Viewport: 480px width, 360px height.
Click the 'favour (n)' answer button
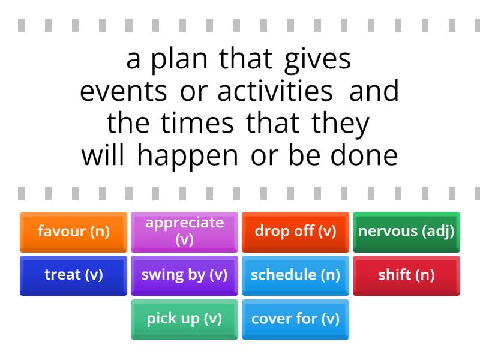[x=73, y=232]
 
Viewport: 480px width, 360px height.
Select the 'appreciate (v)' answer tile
[x=184, y=232]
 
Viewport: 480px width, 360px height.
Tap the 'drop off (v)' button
[x=295, y=232]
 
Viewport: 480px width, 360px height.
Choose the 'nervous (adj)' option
[x=406, y=232]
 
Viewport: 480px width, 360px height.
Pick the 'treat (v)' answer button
[x=73, y=275]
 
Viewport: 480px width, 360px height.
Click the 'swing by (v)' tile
[x=184, y=275]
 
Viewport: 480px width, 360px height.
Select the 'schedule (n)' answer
[x=295, y=275]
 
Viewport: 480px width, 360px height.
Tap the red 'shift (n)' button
[x=406, y=275]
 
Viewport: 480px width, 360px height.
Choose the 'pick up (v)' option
[x=184, y=319]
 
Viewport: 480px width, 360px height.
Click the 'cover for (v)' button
[x=295, y=319]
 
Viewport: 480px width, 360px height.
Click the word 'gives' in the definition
[x=317, y=61]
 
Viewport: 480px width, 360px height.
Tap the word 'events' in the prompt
[x=123, y=92]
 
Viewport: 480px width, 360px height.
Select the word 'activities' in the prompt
[x=275, y=92]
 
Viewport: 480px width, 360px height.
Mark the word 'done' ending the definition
[x=364, y=155]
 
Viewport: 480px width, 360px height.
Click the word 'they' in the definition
[x=340, y=124]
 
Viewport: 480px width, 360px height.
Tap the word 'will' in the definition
[x=103, y=155]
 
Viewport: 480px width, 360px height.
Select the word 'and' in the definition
[x=374, y=92]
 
